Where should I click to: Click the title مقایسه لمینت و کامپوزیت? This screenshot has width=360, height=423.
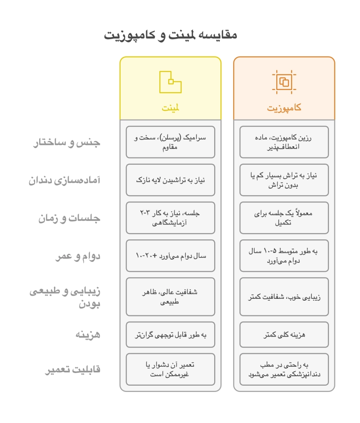click(171, 35)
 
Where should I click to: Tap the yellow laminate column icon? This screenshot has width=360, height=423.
click(171, 82)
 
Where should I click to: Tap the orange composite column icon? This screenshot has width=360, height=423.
click(284, 82)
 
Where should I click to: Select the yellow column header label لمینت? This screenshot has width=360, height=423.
click(171, 108)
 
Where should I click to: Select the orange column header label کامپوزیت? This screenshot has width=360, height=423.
click(284, 108)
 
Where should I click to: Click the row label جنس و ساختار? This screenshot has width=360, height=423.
click(67, 143)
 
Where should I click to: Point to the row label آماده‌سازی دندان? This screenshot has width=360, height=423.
click(65, 180)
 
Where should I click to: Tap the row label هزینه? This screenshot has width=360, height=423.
click(88, 335)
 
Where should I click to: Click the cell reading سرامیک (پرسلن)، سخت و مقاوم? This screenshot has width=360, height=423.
click(171, 142)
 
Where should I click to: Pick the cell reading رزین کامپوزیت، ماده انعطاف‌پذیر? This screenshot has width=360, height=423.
click(284, 142)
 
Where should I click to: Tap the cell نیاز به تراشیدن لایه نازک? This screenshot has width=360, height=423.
click(171, 180)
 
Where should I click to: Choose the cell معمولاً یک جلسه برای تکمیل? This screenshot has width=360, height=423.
click(284, 218)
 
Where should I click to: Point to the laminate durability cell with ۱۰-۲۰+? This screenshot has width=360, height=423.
click(171, 256)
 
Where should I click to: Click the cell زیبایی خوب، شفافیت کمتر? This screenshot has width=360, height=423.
click(284, 297)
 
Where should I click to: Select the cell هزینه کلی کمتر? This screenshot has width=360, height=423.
click(284, 334)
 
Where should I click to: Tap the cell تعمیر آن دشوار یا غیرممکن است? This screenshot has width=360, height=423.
click(171, 369)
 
